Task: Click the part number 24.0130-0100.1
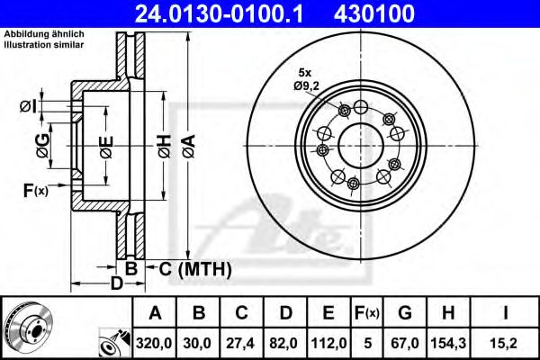pos(226,13)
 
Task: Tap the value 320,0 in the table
pos(155,342)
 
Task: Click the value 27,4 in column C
pos(241,342)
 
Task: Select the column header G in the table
pos(404,313)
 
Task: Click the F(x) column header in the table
pos(365,313)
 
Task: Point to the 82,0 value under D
pos(284,342)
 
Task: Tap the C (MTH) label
pos(190,268)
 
